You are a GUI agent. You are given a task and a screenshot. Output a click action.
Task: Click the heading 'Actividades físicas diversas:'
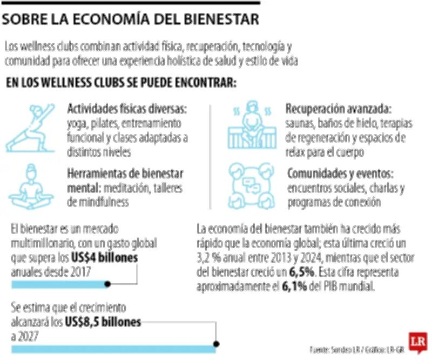tap(126, 109)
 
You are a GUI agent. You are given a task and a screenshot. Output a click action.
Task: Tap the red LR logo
tap(416, 342)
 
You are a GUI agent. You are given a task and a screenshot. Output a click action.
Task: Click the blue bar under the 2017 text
tap(59, 284)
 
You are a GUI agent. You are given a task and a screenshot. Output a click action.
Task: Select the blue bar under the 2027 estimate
tap(113, 349)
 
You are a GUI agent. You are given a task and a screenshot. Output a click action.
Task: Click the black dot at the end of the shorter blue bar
tap(107, 284)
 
